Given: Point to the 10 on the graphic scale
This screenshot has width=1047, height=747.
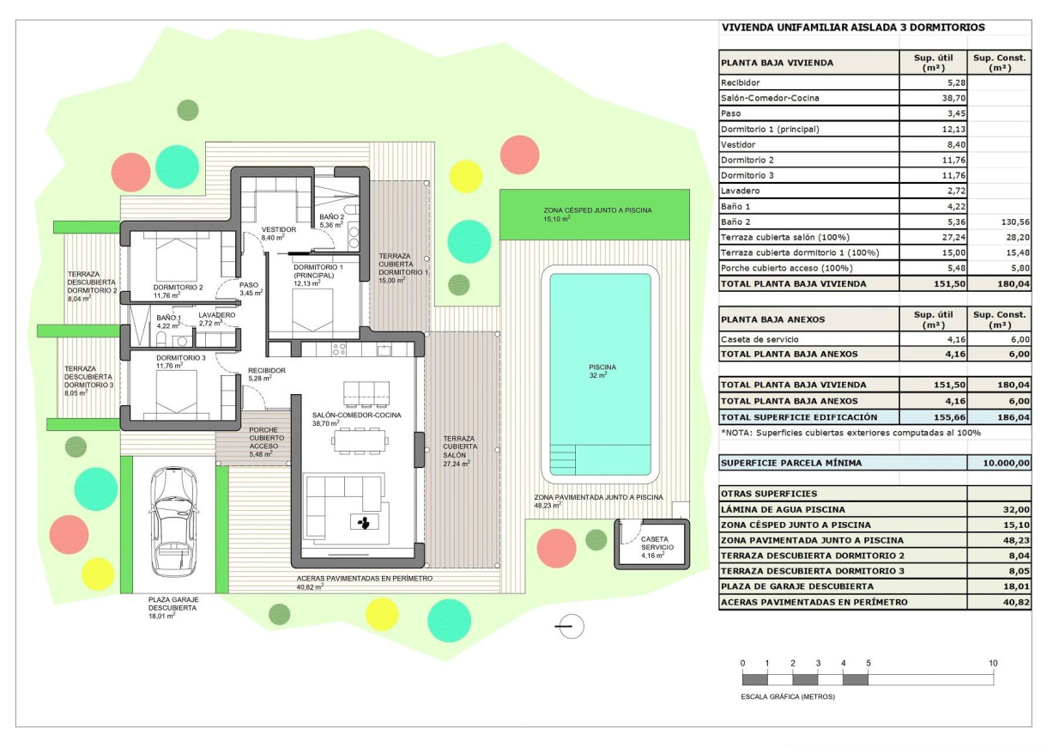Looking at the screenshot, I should coord(993,664).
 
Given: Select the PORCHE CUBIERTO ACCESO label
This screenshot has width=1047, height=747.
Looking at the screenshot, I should coord(263,438).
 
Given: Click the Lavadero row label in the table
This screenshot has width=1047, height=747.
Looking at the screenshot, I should coord(741,191).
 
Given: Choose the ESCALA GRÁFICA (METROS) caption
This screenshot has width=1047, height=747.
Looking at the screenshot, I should coord(787,696).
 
